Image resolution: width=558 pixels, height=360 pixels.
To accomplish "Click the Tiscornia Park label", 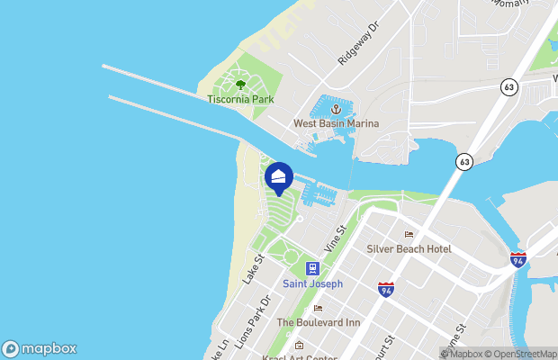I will [x=240, y=99].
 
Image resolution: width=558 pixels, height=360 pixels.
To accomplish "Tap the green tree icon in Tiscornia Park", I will [x=240, y=85].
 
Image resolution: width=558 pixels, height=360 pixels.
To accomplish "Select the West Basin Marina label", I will [x=336, y=123].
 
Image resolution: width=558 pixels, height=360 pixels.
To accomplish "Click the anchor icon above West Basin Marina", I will [x=336, y=109].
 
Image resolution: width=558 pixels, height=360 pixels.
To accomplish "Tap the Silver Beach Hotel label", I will [x=409, y=248].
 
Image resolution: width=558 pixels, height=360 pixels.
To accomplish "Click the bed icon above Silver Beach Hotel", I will [x=409, y=235].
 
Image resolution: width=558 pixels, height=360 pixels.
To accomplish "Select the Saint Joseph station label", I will [x=312, y=283].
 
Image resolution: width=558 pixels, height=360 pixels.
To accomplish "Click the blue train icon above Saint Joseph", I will [x=312, y=268].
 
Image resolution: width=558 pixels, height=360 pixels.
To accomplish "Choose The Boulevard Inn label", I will [x=318, y=322].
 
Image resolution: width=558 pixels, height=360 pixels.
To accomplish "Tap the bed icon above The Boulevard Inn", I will [x=318, y=309].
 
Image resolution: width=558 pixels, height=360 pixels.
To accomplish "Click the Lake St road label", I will [x=251, y=269].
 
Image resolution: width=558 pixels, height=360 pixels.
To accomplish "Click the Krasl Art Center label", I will [x=301, y=356].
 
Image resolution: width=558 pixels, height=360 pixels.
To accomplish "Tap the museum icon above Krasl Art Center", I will [x=300, y=345].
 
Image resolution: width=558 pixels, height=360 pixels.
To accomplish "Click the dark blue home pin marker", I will [x=279, y=176].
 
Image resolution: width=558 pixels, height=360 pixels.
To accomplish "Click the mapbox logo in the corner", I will [x=40, y=348].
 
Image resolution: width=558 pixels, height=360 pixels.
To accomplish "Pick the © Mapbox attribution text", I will [x=463, y=353].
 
